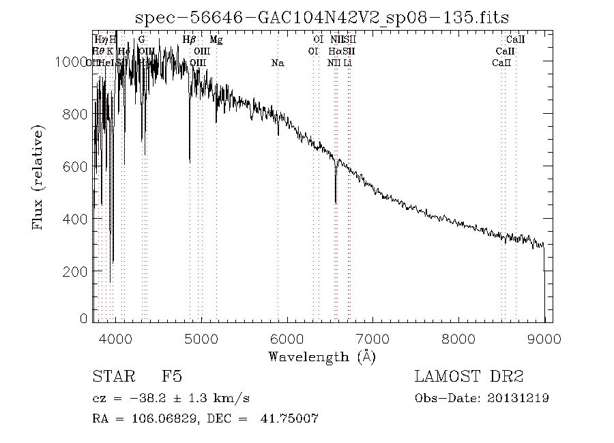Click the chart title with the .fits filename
point(323,17)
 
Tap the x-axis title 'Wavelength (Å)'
point(322,356)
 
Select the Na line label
point(278,63)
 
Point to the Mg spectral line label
point(216,40)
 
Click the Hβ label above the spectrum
point(190,40)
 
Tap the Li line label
point(348,63)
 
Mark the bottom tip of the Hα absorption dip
point(336,202)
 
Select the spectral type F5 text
point(171,376)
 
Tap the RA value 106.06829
point(156,418)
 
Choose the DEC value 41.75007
point(290,418)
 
